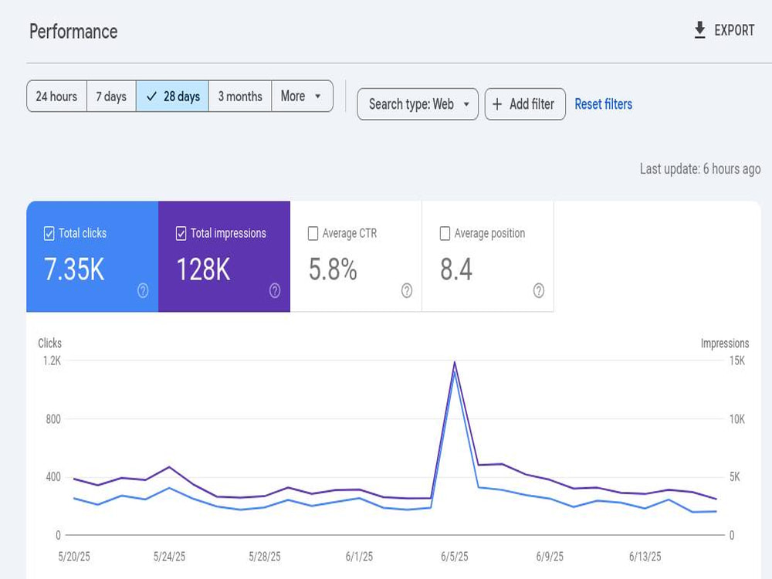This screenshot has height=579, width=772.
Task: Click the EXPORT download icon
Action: pyautogui.click(x=699, y=30)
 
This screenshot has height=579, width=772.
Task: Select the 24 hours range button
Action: pyautogui.click(x=56, y=96)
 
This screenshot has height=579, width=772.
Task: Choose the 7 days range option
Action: pyautogui.click(x=111, y=96)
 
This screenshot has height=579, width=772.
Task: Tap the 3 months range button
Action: pyautogui.click(x=240, y=96)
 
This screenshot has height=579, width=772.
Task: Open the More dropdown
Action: pyautogui.click(x=302, y=96)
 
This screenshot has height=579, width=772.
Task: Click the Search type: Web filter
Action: pyautogui.click(x=418, y=104)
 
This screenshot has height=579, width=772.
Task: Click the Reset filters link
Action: pyautogui.click(x=604, y=104)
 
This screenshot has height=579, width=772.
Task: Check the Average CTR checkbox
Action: pyautogui.click(x=313, y=233)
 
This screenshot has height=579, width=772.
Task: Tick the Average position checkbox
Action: pyautogui.click(x=445, y=233)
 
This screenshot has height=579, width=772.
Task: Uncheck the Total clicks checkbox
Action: pyautogui.click(x=49, y=233)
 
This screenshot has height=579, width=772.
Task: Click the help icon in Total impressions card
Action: pyautogui.click(x=275, y=290)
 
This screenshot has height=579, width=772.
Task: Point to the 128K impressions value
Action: pyautogui.click(x=203, y=269)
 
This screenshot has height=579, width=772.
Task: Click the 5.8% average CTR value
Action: pyautogui.click(x=333, y=269)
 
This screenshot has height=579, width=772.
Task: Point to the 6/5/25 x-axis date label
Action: pyautogui.click(x=455, y=557)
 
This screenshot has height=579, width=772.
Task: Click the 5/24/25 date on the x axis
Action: pyautogui.click(x=169, y=557)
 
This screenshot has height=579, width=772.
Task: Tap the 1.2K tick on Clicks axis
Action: pyautogui.click(x=52, y=361)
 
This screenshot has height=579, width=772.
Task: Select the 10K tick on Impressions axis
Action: pyautogui.click(x=737, y=419)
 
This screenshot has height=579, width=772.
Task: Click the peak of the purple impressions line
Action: pyautogui.click(x=455, y=362)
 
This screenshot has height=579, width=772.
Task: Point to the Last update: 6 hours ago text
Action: pyautogui.click(x=700, y=169)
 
